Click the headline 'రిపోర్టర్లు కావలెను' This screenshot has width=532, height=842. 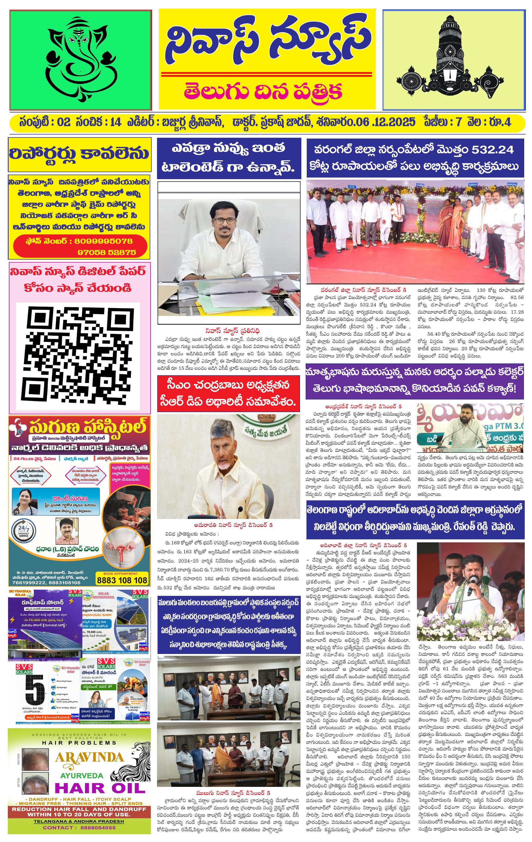point(80,153)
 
